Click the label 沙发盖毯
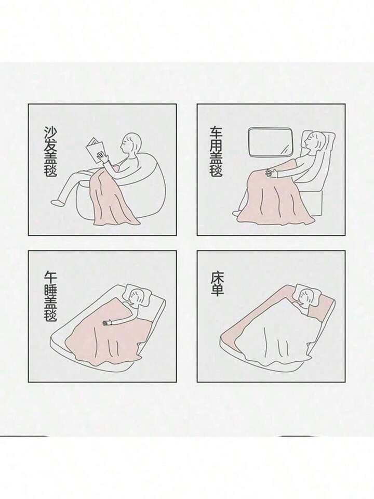pos(50,151)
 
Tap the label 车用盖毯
pos(216,151)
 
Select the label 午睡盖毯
pos(50,296)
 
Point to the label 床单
pos(217,283)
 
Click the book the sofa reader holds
pos(96,151)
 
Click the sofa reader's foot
pos(57,202)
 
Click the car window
pos(270,142)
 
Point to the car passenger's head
pos(314,141)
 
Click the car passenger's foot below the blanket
pos(237,213)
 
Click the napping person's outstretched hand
pos(108,323)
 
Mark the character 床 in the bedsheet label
pos(217,277)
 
